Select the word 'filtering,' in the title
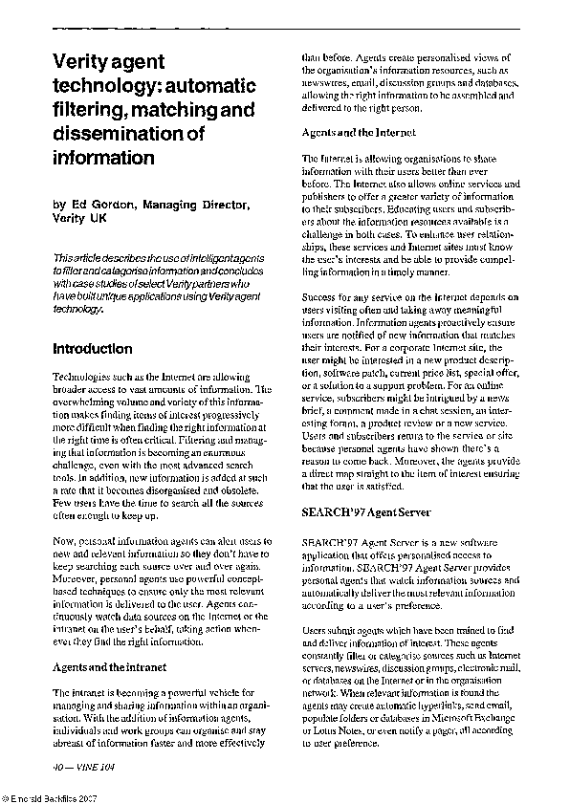pos(87,111)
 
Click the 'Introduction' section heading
pos(92,349)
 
